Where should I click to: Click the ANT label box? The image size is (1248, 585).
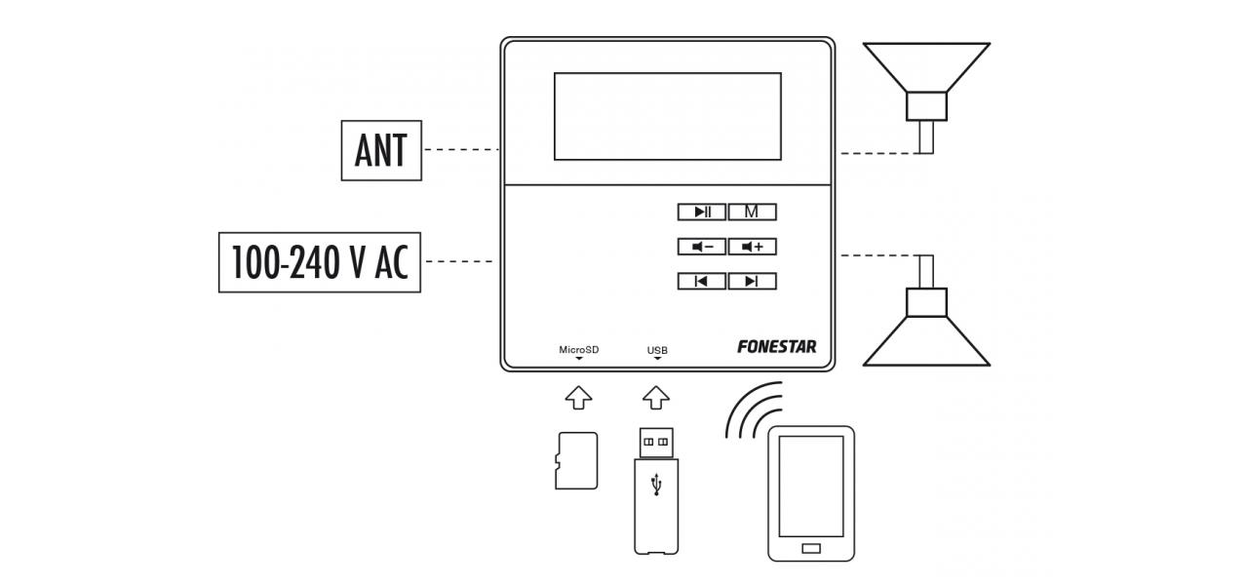(381, 150)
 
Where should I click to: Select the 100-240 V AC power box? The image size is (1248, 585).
(319, 261)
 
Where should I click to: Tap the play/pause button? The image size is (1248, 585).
(702, 212)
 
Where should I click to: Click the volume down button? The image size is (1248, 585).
(702, 247)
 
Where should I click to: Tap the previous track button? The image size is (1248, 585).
(702, 282)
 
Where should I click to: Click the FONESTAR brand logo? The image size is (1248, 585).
(777, 346)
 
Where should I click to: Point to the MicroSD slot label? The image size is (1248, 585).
(578, 350)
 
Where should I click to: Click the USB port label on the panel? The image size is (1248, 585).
(657, 350)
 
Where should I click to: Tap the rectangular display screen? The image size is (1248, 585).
(667, 116)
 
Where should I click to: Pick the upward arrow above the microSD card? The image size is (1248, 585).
(578, 398)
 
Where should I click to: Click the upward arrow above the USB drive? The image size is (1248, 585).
(657, 398)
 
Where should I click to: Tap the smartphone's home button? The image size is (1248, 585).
(810, 548)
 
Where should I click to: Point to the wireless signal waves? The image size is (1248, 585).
(753, 409)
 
